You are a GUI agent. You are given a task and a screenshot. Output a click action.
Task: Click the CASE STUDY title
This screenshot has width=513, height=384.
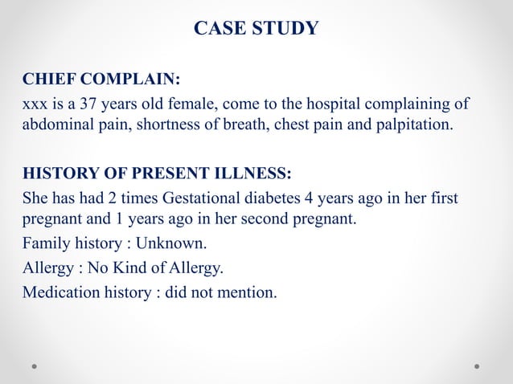click(x=256, y=29)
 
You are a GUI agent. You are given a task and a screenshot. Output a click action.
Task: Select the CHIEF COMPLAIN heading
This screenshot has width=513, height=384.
click(x=101, y=80)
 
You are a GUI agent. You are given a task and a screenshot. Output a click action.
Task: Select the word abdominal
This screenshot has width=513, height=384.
click(x=56, y=126)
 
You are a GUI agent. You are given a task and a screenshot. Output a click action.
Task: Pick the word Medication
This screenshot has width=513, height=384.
click(x=61, y=292)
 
